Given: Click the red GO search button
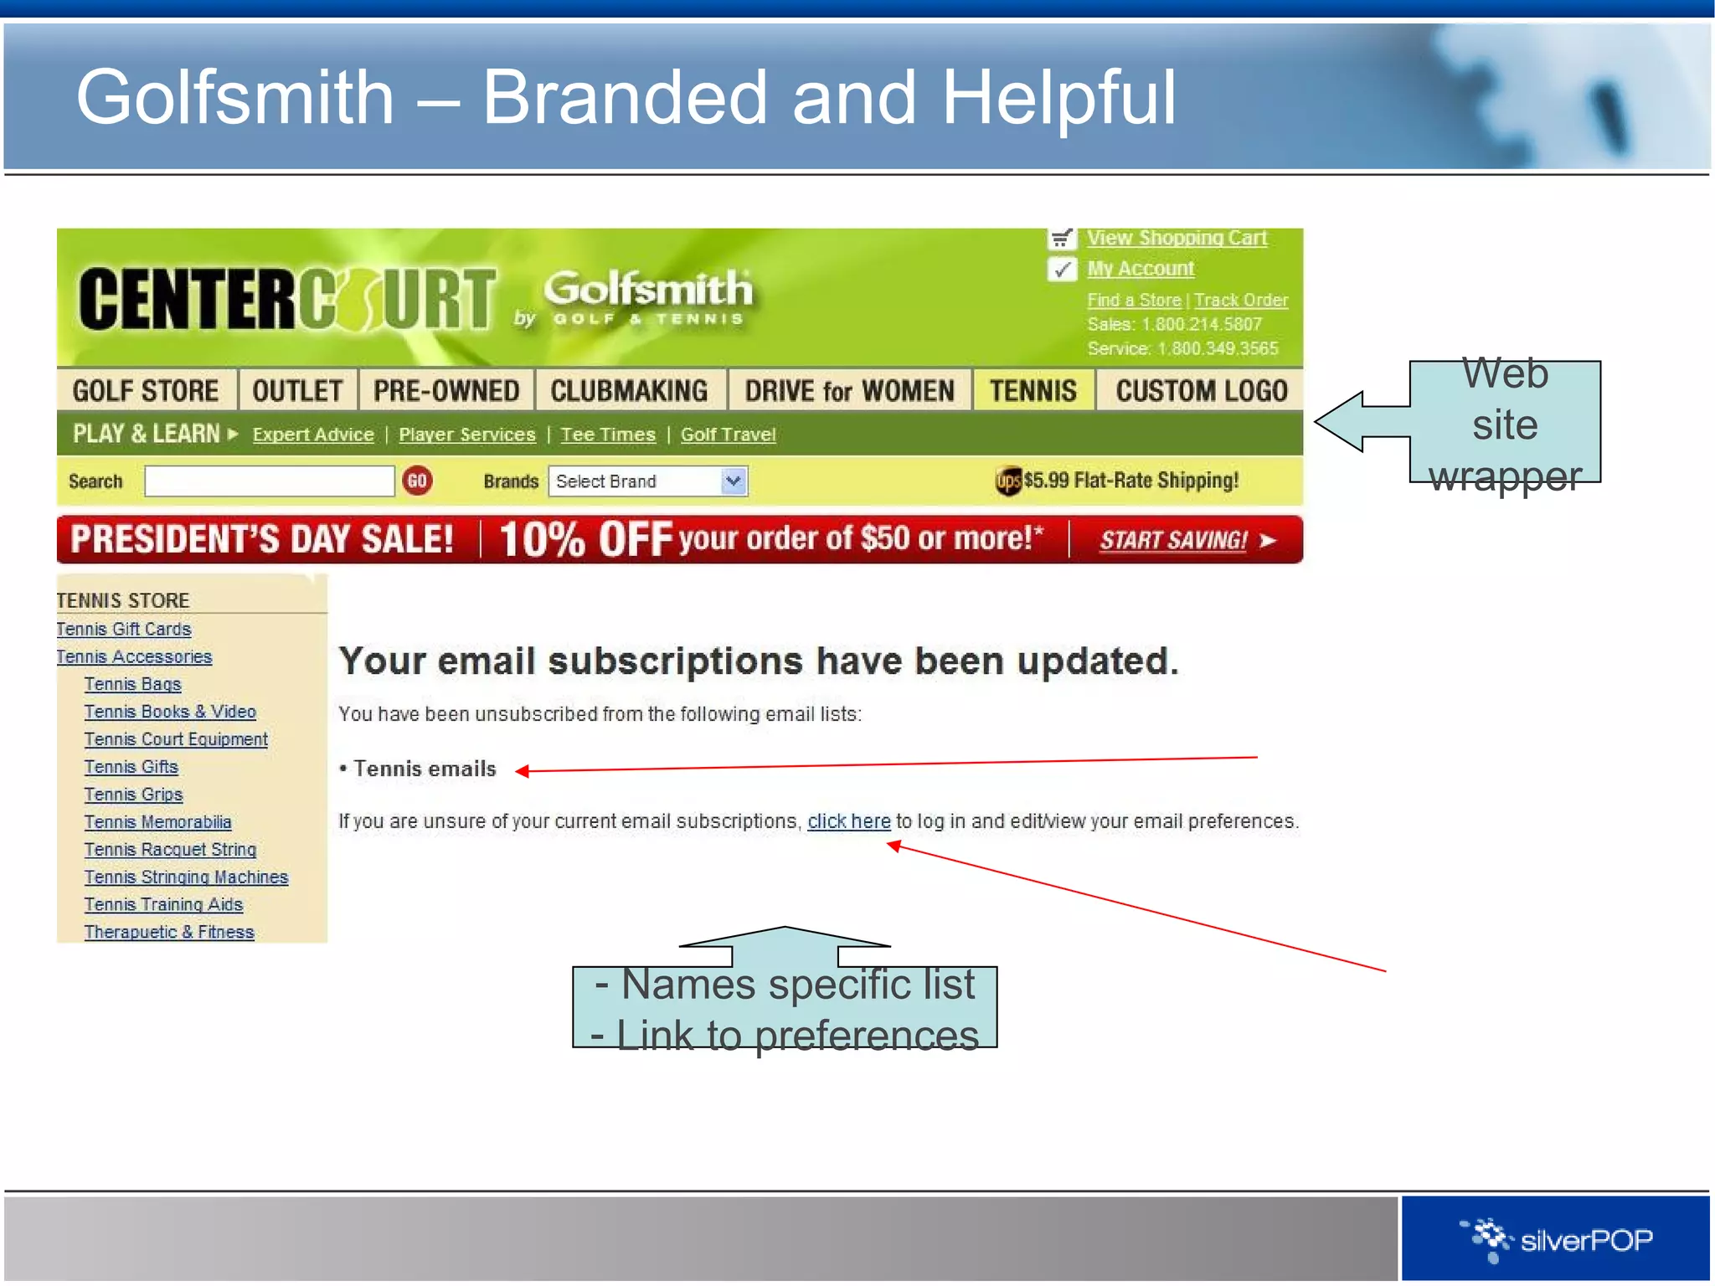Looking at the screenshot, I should point(417,481).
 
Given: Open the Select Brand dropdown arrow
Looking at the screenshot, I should point(734,481).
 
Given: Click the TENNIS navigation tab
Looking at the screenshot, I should point(1033,391).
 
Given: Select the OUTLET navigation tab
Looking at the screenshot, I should point(297,391).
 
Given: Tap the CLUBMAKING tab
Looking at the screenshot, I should point(629,391).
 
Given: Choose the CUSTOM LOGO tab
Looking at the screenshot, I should point(1201,391).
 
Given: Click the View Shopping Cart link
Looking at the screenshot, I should point(1177,238).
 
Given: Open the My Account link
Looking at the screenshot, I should point(1141,269).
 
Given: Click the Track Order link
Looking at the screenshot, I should point(1241,300).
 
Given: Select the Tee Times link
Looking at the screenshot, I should point(608,435).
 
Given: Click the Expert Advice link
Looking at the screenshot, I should point(313,435).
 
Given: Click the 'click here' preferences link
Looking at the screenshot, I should point(848,821).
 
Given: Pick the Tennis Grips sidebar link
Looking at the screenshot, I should point(133,795).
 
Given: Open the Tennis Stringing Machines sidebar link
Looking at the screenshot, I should point(186,877).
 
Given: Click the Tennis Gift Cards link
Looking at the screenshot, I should point(124,629).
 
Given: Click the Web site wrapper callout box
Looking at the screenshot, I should point(1504,423).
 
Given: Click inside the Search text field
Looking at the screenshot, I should point(269,481).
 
